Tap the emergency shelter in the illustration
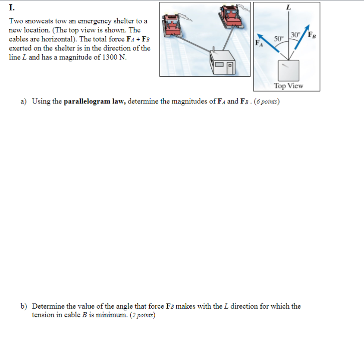pyautogui.click(x=223, y=63)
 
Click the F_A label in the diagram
pyautogui.click(x=259, y=44)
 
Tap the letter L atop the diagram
pyautogui.click(x=288, y=7)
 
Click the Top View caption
pyautogui.click(x=289, y=85)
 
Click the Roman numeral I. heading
pyautogui.click(x=11, y=7)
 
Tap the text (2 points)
pyautogui.click(x=142, y=315)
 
